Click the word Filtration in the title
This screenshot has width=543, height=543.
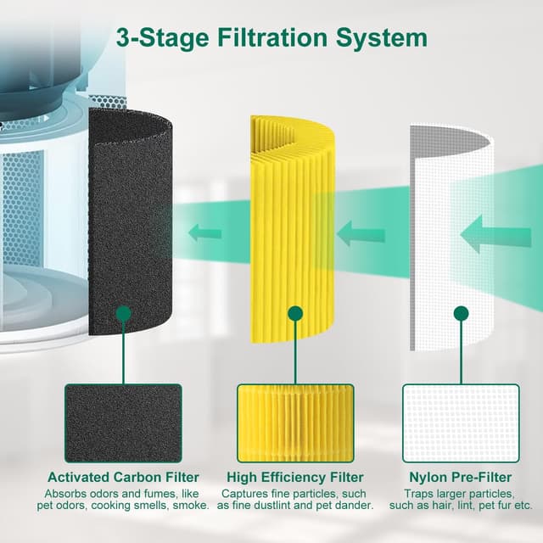[272, 37]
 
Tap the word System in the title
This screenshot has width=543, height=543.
[381, 38]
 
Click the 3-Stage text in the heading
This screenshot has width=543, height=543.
[162, 38]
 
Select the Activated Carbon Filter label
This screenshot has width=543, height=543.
[123, 477]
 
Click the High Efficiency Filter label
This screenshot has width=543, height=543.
[295, 477]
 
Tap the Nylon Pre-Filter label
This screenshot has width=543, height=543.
[461, 477]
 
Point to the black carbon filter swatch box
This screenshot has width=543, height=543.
[123, 423]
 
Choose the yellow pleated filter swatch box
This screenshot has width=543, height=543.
[295, 423]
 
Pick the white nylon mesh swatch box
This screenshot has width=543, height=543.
[461, 423]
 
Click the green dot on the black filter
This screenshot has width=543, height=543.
[124, 313]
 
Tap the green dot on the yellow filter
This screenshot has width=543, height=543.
[295, 313]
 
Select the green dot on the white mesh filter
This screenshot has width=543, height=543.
[461, 313]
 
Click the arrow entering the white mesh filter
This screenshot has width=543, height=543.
[495, 234]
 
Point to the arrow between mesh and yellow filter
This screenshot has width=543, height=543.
[361, 233]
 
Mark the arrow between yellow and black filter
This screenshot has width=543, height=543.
[205, 232]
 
